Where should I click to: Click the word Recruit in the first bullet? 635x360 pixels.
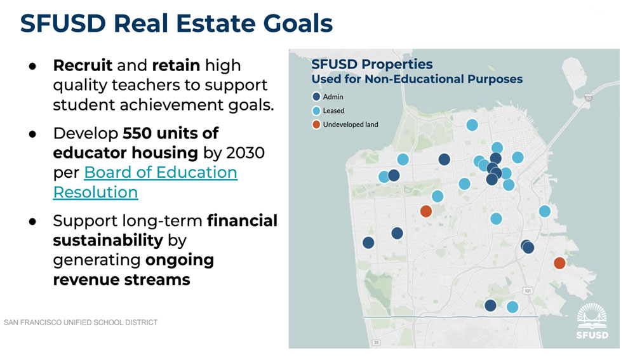[83, 65]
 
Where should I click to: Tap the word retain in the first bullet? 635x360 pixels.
[176, 65]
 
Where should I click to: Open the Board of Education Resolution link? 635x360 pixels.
[145, 182]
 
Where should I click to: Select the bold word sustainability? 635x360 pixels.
[108, 240]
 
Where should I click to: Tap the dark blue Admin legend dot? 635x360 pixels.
[316, 97]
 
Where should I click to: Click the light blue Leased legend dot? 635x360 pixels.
[316, 110]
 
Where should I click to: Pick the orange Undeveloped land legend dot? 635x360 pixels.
[316, 124]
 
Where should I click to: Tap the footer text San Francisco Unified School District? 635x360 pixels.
[81, 323]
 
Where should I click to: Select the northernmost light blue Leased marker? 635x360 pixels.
[472, 125]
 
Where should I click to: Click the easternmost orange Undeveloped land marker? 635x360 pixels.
[559, 263]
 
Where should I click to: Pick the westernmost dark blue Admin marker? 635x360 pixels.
[368, 243]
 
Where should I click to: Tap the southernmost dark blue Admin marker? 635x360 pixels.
[490, 305]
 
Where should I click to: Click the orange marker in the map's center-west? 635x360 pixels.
[426, 211]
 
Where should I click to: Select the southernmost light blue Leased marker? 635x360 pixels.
[512, 307]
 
